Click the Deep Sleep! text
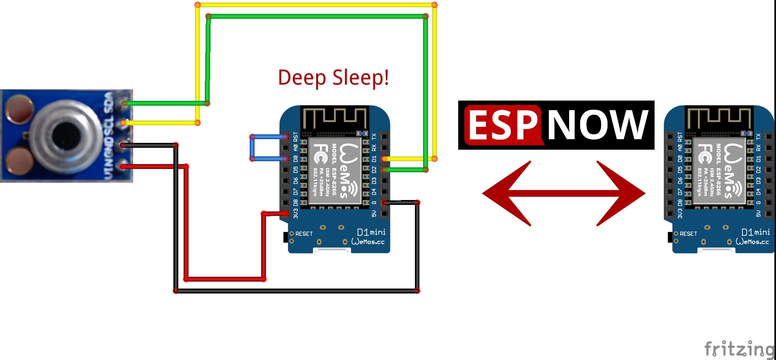tap(333, 78)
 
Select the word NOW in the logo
tap(597, 125)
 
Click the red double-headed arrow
tap(563, 193)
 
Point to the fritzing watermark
tap(739, 349)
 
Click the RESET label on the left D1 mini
tap(304, 234)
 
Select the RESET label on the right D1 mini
tap(688, 234)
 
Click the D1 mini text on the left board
tap(371, 232)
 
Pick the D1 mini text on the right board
tap(755, 232)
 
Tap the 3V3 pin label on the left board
tap(296, 213)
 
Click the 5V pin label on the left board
tap(374, 213)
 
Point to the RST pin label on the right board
tap(680, 137)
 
